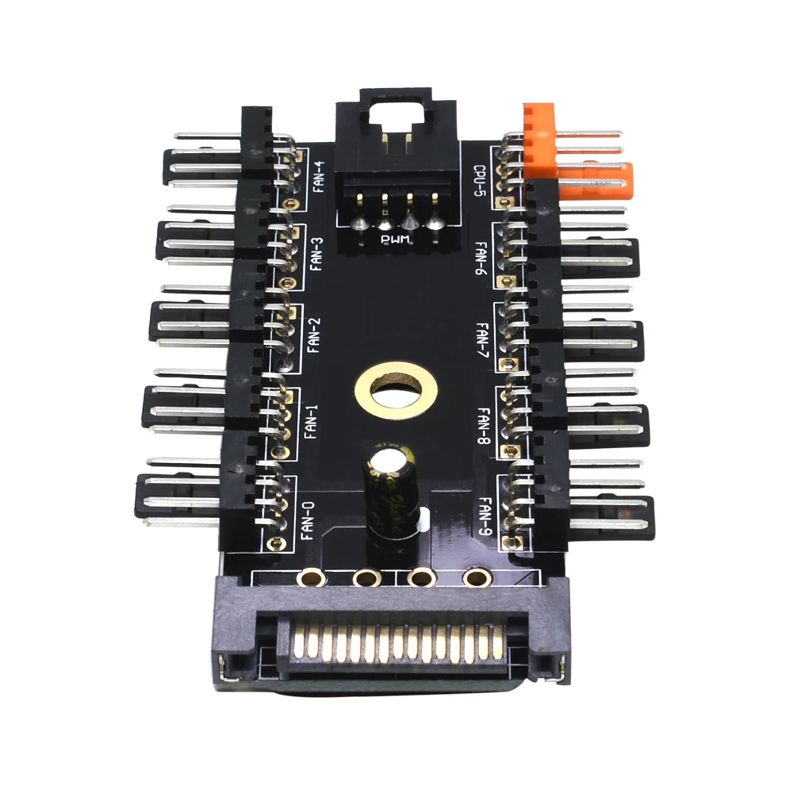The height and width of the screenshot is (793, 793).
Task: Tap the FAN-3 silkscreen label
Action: point(316,254)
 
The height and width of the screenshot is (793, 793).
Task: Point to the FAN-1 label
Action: point(311,420)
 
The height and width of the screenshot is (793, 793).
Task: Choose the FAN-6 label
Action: point(481,258)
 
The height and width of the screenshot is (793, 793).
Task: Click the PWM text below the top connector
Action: point(394,239)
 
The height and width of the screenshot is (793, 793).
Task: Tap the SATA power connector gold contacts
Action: point(396,641)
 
